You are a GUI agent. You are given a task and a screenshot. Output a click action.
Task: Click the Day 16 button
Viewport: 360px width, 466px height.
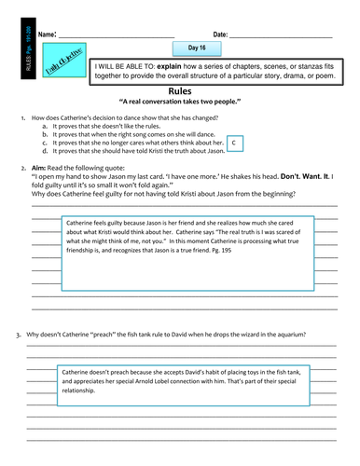click(197, 48)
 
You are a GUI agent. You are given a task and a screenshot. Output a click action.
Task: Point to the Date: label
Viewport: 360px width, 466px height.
click(221, 34)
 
